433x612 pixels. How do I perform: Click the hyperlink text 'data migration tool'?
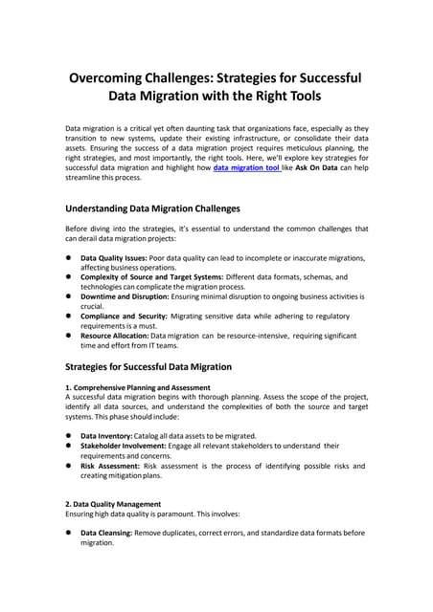246,166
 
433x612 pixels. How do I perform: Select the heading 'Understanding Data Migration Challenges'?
151,208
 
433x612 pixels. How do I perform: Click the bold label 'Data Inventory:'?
106,435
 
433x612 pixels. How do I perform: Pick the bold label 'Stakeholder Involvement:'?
125,446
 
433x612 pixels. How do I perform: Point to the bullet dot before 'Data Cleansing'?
69,533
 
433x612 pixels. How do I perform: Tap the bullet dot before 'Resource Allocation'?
69,337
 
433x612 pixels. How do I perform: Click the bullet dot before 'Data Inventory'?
69,435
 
